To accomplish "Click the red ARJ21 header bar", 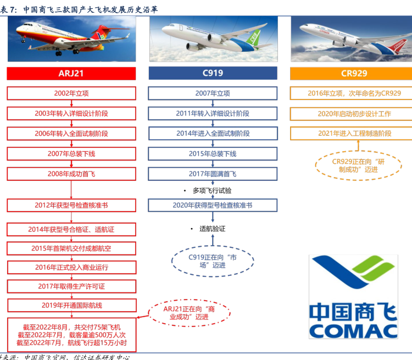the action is (x=71, y=73).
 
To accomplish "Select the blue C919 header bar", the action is (x=213, y=73).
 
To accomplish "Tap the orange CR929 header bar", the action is (x=351, y=73).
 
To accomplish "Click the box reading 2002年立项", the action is (x=71, y=93).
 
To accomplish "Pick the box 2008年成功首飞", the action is (x=71, y=174).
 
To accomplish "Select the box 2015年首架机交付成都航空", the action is (x=71, y=248).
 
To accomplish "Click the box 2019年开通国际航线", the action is (x=72, y=305).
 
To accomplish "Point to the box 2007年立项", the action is (x=213, y=93).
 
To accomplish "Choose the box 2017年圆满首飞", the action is (x=213, y=174).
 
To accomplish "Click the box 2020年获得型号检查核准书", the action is (x=213, y=205).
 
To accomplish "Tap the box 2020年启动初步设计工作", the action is (x=351, y=114).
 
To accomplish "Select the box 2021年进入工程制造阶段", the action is (x=351, y=134).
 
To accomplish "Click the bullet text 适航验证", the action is (x=212, y=229).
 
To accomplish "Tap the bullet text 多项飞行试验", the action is (x=212, y=191).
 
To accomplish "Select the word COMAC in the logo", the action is (x=353, y=331).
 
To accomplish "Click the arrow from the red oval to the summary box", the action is (x=143, y=317).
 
